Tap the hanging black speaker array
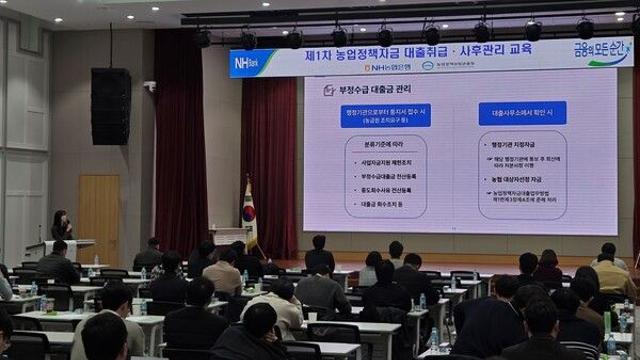[x=110, y=106]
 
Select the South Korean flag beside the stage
[x=250, y=214]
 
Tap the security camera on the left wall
[x=149, y=86]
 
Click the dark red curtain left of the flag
[x=180, y=150]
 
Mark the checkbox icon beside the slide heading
[x=328, y=90]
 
